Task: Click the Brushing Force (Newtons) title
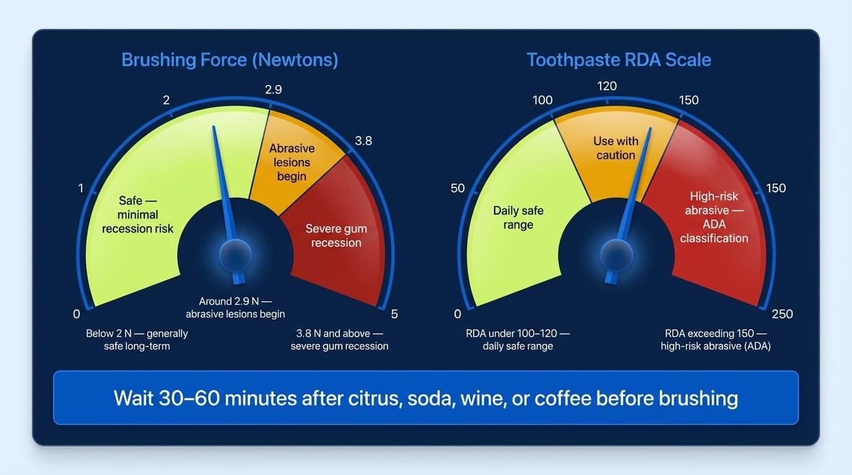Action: (x=230, y=60)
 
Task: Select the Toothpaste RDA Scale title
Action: (x=619, y=60)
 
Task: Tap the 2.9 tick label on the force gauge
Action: (x=273, y=90)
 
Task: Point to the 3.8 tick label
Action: (x=363, y=141)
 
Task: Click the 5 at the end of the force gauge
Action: (x=394, y=314)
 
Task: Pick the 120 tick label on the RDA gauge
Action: (x=607, y=86)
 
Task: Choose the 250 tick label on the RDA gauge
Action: (x=782, y=314)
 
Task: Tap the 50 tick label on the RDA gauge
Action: (x=458, y=188)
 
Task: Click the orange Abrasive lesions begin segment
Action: (x=292, y=162)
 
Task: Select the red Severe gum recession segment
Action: (x=336, y=236)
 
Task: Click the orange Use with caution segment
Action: (x=615, y=148)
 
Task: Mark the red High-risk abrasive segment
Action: (x=714, y=217)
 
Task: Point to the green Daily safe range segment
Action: (x=518, y=217)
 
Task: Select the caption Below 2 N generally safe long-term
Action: (x=137, y=340)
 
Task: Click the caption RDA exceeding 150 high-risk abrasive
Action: (x=715, y=340)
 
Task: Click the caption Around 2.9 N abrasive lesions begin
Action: (x=235, y=307)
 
